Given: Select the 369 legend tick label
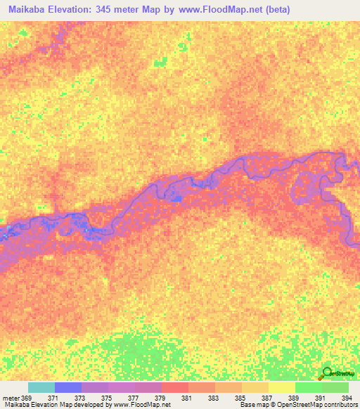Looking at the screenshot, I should click(27, 398).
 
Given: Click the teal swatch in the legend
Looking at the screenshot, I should click(41, 387).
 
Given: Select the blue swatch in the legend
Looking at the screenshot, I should click(68, 387).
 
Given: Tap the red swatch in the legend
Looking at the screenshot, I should click(175, 387).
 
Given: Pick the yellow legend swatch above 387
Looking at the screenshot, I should click(255, 387).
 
